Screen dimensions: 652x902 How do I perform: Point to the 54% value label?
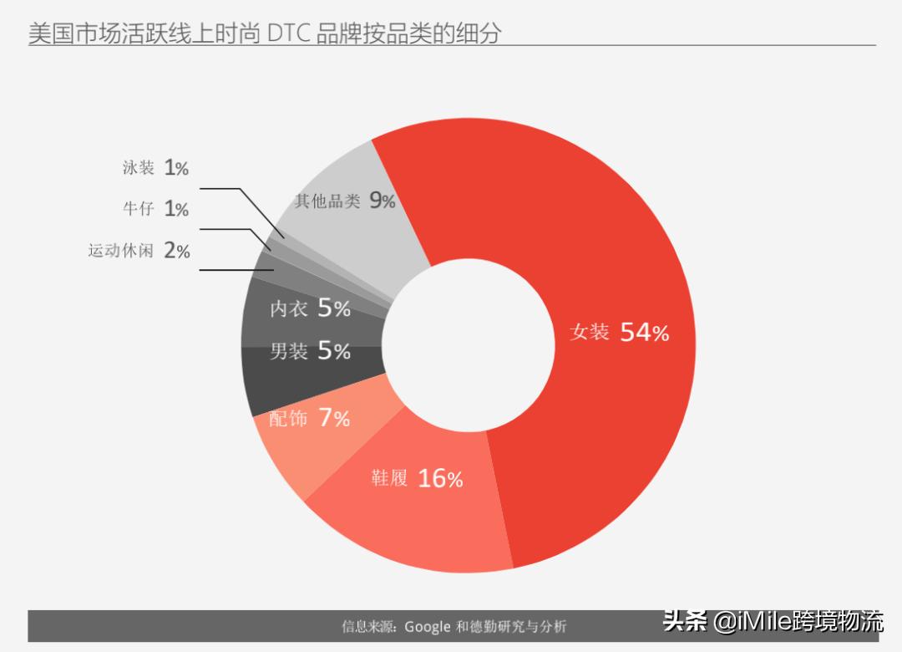click(x=645, y=333)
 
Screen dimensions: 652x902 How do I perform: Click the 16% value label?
click(x=440, y=479)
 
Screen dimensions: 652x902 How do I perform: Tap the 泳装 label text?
click(x=139, y=168)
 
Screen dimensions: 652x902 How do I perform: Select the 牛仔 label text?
click(x=139, y=208)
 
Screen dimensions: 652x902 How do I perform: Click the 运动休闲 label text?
click(x=121, y=250)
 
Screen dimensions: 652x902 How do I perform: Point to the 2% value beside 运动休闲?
click(x=177, y=250)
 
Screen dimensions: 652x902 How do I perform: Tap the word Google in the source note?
click(x=427, y=626)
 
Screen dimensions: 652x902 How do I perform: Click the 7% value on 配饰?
click(x=334, y=418)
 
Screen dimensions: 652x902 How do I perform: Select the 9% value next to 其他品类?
click(x=383, y=201)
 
